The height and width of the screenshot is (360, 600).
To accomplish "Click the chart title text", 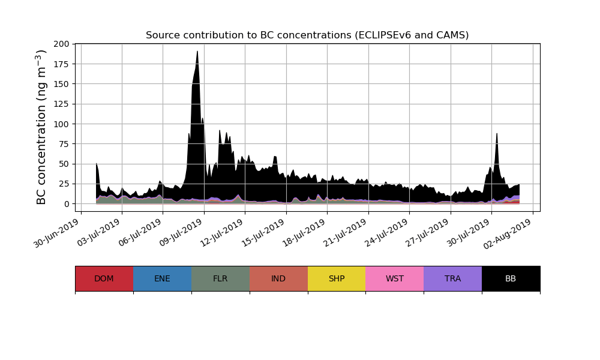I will pyautogui.click(x=307, y=35).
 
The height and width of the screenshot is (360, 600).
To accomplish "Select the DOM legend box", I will pyautogui.click(x=104, y=278).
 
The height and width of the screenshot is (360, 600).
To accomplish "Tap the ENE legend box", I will pyautogui.click(x=162, y=278).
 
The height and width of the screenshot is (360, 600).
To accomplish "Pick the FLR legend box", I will pyautogui.click(x=220, y=278).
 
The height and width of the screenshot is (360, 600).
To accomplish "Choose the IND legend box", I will pyautogui.click(x=278, y=278).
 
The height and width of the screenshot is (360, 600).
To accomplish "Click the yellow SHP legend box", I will pyautogui.click(x=337, y=278).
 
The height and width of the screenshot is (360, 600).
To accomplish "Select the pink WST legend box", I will pyautogui.click(x=395, y=278).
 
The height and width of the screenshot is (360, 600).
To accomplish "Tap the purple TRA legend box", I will pyautogui.click(x=453, y=278).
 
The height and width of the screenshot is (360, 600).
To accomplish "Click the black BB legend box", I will pyautogui.click(x=511, y=278).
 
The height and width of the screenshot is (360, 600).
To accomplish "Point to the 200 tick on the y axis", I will pyautogui.click(x=61, y=44).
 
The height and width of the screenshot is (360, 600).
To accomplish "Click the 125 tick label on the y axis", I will pyautogui.click(x=61, y=104).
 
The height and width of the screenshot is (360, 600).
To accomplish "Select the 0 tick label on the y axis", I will pyautogui.click(x=67, y=204).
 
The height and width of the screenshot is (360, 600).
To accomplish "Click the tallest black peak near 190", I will pyautogui.click(x=197, y=52).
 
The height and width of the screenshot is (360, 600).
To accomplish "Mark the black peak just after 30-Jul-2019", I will pyautogui.click(x=497, y=134).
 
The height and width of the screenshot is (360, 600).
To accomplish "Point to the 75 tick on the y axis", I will pyautogui.click(x=64, y=144).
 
